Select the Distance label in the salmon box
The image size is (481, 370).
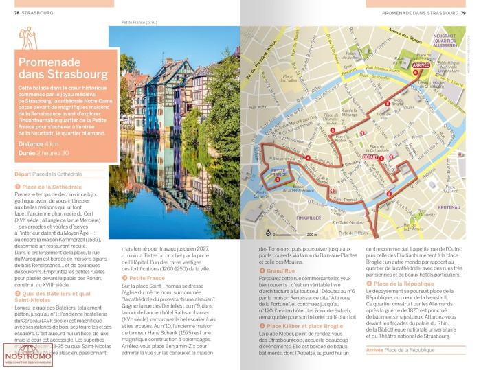[31, 144]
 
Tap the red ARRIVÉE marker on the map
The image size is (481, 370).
[420, 65]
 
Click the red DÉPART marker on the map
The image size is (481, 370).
[372, 157]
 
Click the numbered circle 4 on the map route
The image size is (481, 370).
[308, 160]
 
